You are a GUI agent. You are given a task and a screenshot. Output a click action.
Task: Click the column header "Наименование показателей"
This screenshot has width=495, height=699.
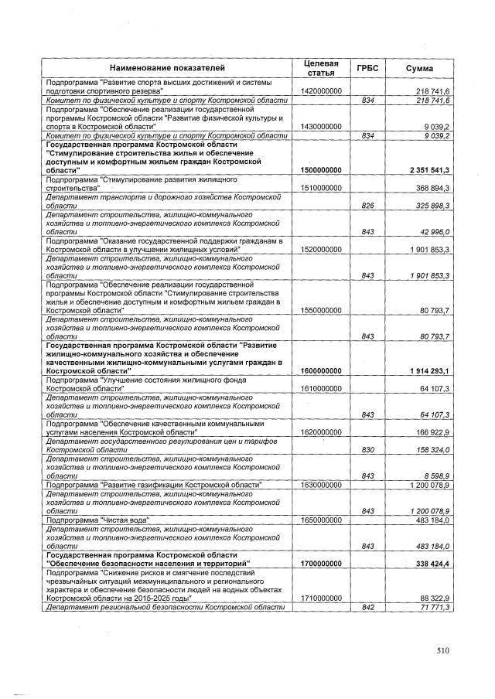pos(166,67)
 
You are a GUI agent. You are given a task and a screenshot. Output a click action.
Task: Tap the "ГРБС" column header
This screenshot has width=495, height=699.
pos(367,67)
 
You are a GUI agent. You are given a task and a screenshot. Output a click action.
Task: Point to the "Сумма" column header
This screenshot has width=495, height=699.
pos(420,67)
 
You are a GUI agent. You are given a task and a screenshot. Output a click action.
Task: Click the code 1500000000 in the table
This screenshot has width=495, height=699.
pos(320,169)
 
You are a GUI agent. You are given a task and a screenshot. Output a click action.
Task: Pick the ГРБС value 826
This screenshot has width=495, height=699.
pos(368,206)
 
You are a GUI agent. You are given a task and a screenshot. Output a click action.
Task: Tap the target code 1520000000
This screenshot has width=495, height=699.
pos(320,250)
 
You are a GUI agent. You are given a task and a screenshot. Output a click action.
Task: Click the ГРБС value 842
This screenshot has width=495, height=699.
pos(368,607)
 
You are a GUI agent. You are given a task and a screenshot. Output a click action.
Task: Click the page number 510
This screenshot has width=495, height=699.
pos(442,651)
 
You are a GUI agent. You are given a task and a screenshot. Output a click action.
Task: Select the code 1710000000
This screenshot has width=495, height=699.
pos(320,598)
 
